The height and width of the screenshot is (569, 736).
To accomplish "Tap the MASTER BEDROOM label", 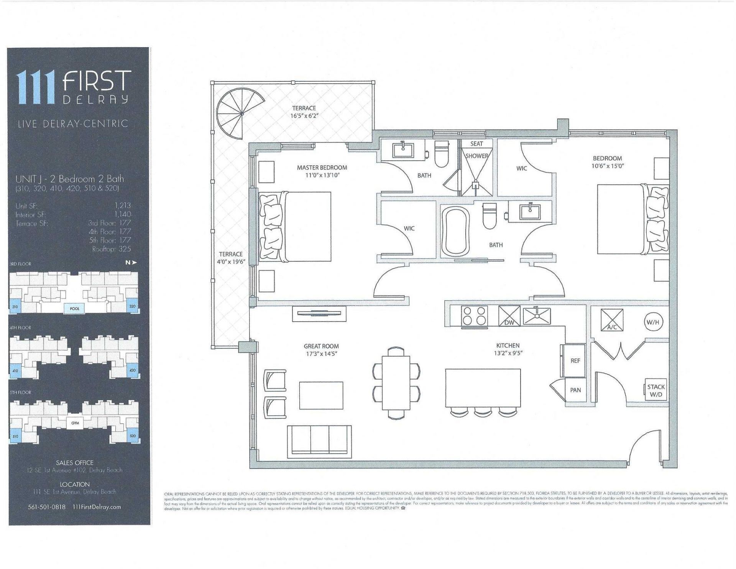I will (x=322, y=168).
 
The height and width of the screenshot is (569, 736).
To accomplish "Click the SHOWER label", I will (x=476, y=156).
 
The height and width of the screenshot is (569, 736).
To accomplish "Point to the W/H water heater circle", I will (x=653, y=322).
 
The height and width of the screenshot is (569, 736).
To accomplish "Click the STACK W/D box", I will (x=656, y=391).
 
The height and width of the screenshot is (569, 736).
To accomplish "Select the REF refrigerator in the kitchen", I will (x=575, y=360).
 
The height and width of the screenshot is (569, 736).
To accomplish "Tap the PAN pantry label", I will (x=575, y=390).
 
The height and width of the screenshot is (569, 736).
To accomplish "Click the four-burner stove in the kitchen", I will (x=475, y=316).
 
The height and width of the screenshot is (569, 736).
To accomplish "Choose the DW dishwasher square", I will (x=509, y=316).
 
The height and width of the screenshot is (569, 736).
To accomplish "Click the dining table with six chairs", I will (x=396, y=383).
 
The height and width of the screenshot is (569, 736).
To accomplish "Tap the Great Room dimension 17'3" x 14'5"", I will (x=321, y=354).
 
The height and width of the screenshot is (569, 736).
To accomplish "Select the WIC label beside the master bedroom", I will (x=409, y=229).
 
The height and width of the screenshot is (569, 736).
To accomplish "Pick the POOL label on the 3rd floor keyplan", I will (x=74, y=309).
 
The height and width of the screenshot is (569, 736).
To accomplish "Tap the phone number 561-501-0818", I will (x=47, y=507).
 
